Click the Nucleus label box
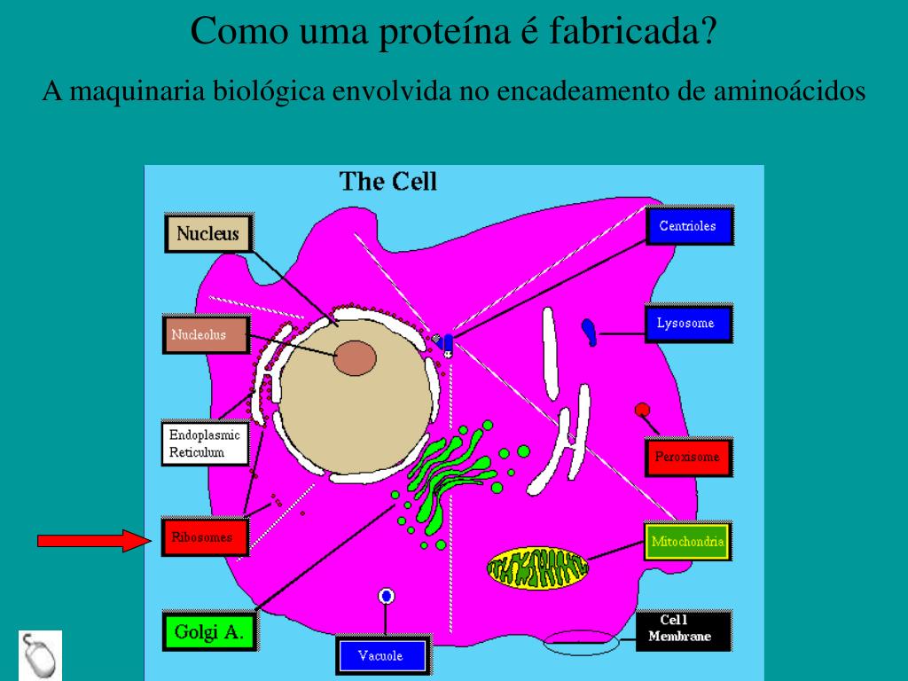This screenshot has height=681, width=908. pos(208,234)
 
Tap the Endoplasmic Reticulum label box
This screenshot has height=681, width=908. pos(205,443)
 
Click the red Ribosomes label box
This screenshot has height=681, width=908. pos(204,537)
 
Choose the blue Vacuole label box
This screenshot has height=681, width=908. pos(380,656)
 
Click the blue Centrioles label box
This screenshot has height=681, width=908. pos(687,226)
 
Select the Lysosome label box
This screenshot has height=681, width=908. pos(685,324)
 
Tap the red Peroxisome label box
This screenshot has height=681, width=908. pos(687,458)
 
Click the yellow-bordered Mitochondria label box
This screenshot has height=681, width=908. pos(688,541)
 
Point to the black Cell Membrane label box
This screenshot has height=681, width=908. pos(683,629)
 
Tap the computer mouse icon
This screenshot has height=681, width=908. pos(41,654)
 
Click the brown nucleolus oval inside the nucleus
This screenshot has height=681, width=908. pos(355,358)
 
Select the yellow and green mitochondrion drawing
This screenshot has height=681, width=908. pos(537,567)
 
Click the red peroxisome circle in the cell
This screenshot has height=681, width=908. pos(643,410)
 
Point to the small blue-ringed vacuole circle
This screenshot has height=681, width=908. pos(386,596)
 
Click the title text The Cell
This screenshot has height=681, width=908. pos(388,182)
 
